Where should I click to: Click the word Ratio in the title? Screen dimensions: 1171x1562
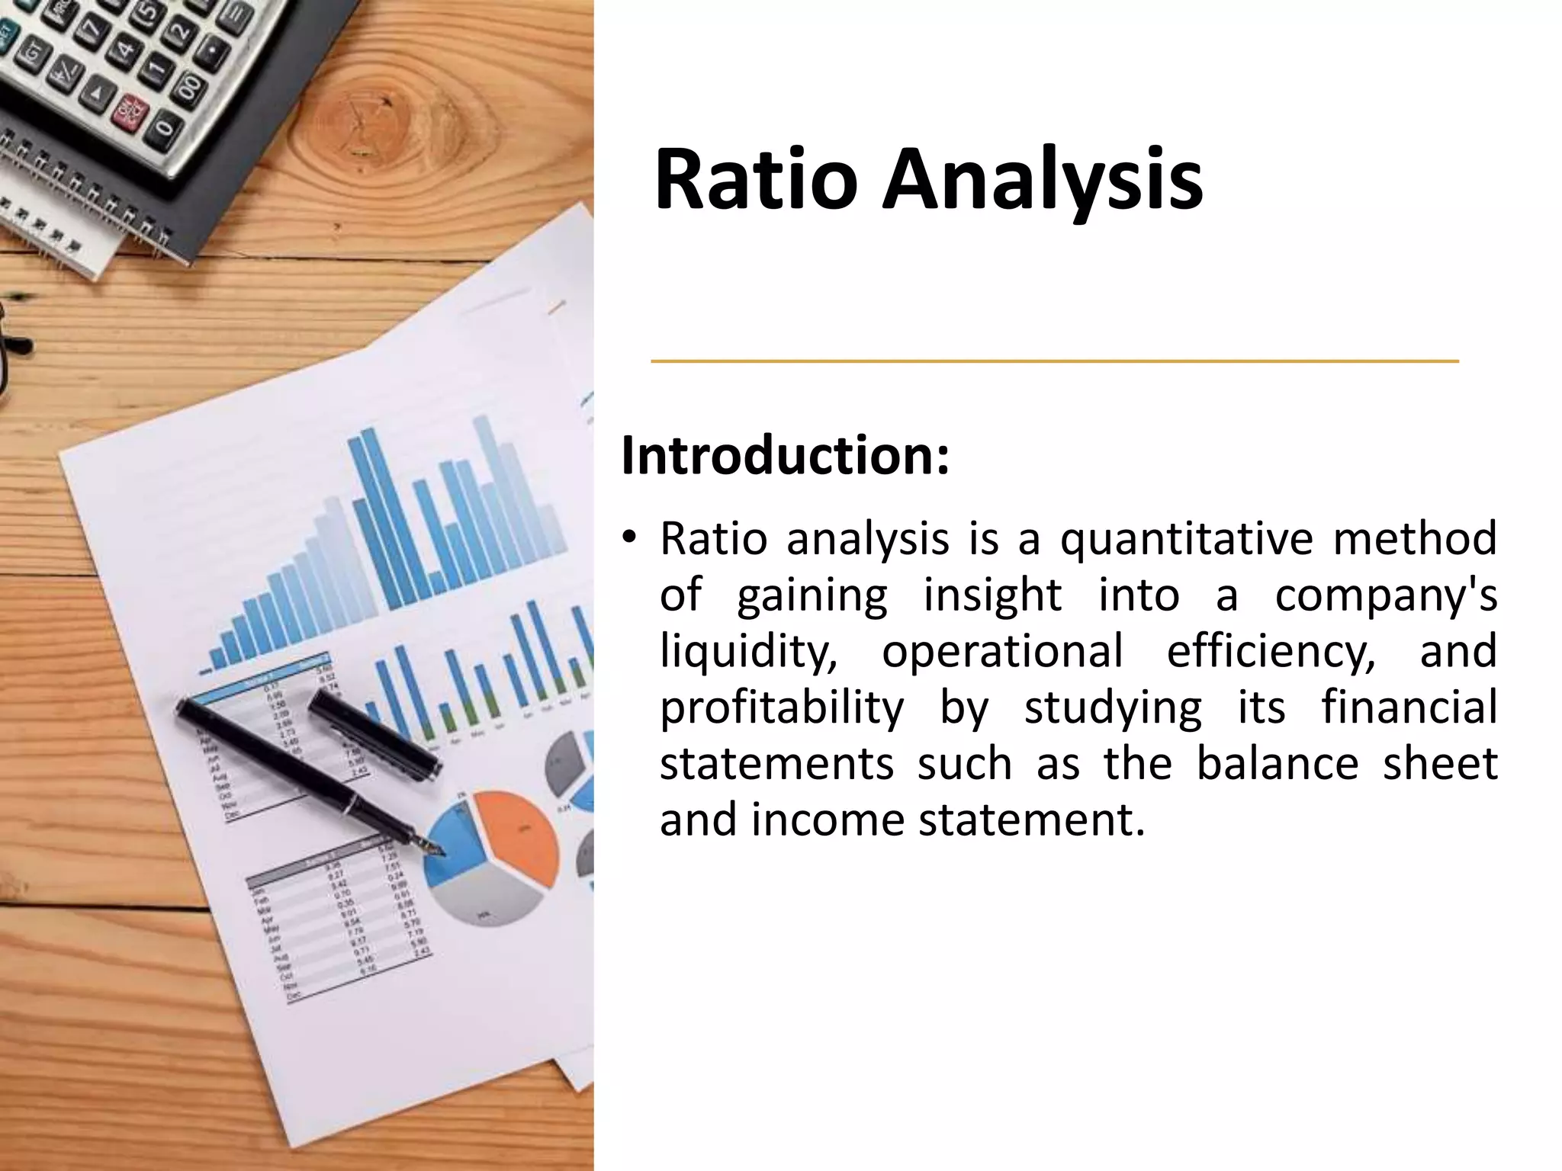tap(755, 181)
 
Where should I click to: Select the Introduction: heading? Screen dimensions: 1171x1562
tap(786, 455)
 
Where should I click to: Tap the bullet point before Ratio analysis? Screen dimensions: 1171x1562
tap(628, 537)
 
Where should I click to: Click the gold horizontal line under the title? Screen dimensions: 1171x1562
tap(1054, 361)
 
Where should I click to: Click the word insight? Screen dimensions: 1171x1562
tap(992, 595)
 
